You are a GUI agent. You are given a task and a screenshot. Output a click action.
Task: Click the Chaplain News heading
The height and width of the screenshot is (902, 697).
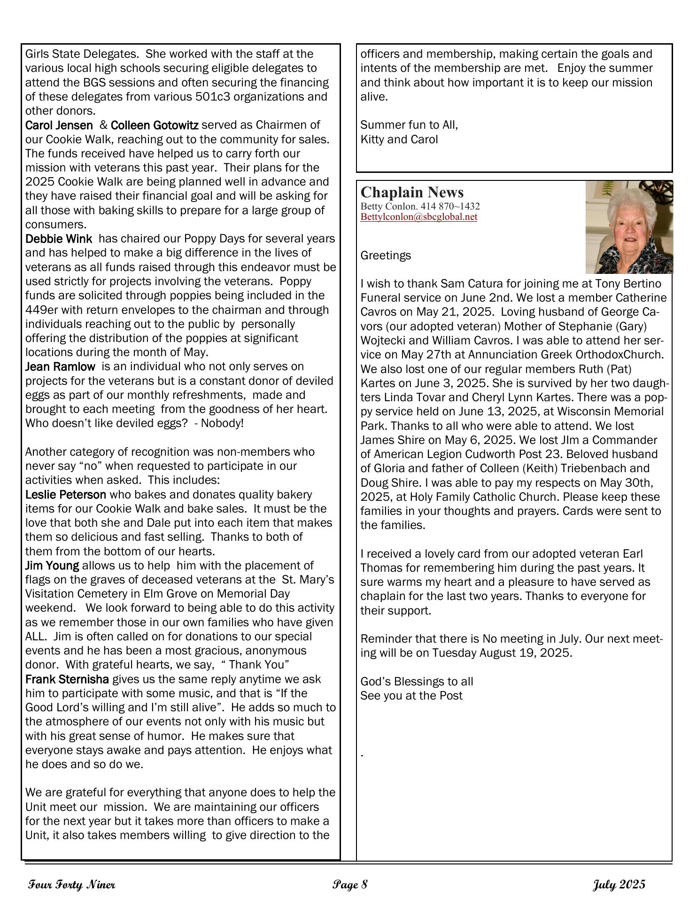412,192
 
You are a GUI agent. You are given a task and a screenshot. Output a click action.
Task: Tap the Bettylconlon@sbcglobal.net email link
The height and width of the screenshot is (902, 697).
418,217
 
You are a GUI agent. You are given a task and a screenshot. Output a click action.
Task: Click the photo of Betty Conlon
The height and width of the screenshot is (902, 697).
629,227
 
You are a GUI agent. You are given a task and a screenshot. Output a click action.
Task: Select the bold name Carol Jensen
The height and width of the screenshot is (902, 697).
59,125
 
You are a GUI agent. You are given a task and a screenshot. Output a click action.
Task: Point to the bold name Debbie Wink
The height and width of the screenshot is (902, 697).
59,239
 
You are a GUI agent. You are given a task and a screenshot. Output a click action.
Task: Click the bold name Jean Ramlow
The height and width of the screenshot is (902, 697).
60,366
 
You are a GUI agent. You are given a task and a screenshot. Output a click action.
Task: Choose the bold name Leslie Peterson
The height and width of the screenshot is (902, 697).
66,495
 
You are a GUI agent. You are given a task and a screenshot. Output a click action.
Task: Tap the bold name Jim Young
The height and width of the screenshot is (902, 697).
52,566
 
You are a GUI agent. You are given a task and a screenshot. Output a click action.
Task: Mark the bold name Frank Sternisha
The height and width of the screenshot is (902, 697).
67,679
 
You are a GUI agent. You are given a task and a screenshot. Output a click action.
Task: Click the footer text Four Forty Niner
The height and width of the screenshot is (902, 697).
72,885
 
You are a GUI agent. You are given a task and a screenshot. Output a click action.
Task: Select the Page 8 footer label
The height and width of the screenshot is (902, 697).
350,885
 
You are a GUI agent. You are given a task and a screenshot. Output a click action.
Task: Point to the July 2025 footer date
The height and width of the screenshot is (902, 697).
619,885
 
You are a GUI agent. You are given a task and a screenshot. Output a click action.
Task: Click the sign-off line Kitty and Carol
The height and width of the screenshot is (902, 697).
399,140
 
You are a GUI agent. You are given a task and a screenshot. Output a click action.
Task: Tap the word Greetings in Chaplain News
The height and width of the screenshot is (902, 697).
386,256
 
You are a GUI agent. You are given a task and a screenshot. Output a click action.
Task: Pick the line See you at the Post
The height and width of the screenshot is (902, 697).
411,696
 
